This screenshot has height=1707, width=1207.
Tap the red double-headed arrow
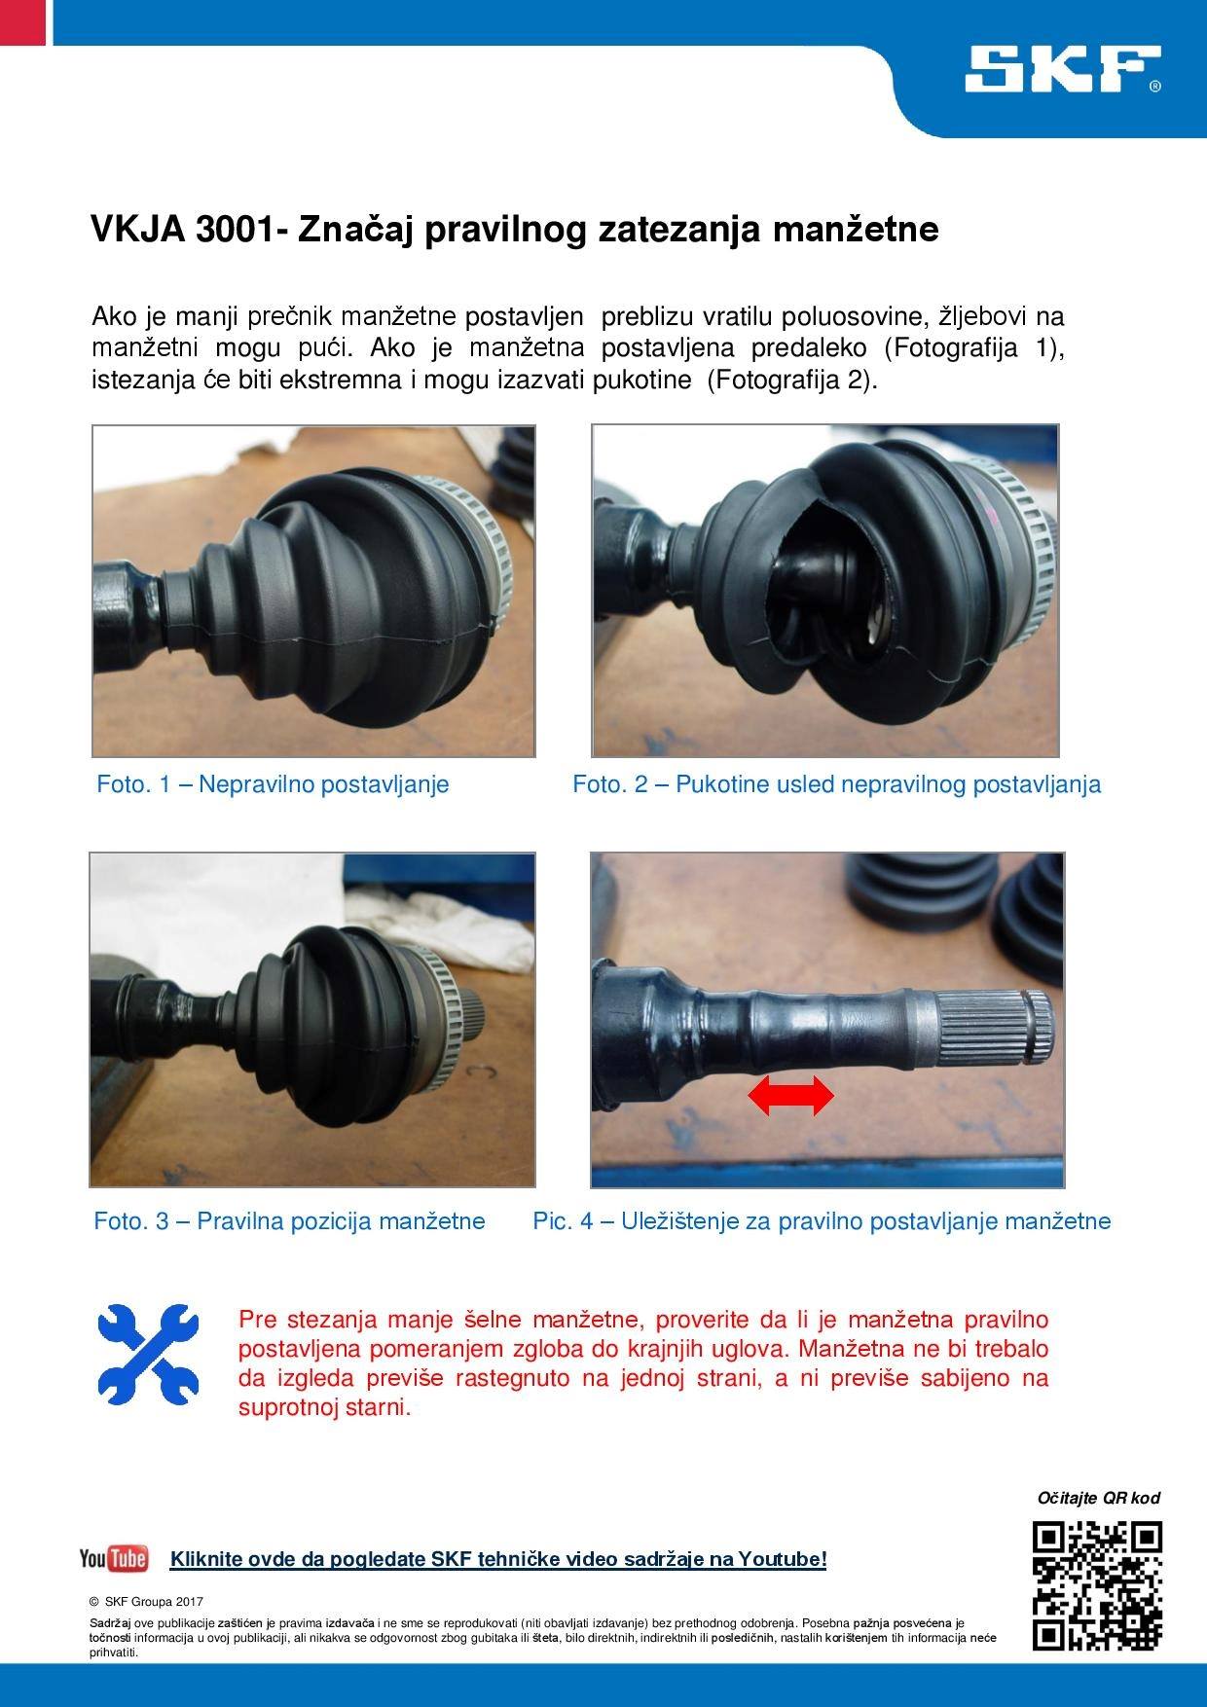(790, 1097)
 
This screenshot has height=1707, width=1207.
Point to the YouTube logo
(114, 1558)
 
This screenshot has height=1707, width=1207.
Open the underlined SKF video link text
(498, 1559)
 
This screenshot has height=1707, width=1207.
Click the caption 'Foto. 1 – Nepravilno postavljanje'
(273, 784)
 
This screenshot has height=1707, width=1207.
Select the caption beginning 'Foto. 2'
(837, 784)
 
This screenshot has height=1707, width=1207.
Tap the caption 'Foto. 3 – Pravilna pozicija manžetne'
(289, 1220)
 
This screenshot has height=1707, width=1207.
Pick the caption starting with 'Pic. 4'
(822, 1220)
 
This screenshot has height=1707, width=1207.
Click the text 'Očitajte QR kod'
(1099, 1498)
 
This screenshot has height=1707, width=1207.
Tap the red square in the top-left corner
(22, 21)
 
